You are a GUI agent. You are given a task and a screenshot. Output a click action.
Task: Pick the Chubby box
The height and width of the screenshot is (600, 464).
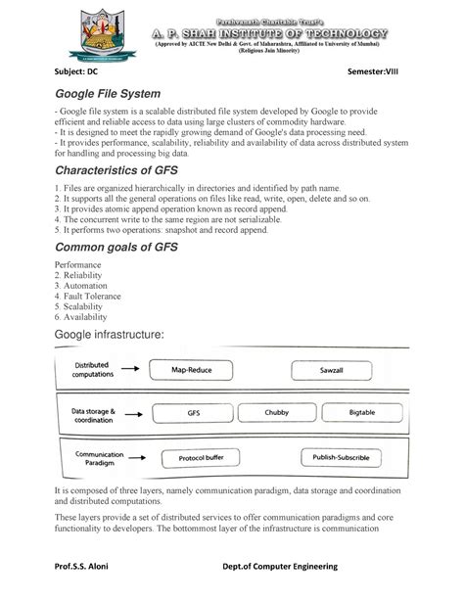277,414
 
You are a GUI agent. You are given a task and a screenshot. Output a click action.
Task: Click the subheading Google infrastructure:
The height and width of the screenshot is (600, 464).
107,338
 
